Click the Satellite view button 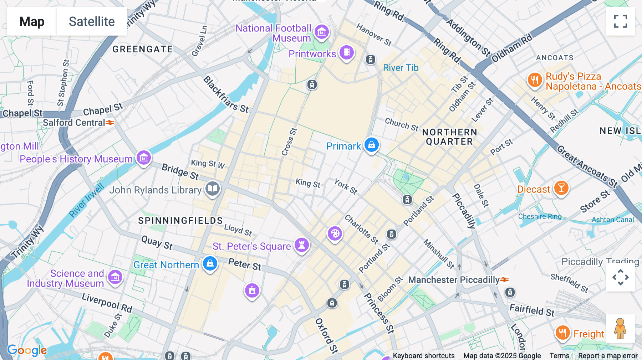click(x=92, y=21)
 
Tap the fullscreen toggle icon click(x=620, y=21)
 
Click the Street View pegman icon click(x=620, y=328)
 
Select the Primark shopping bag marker click(x=371, y=145)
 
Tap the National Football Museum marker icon click(x=321, y=32)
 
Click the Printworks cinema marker click(x=346, y=53)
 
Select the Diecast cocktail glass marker click(x=561, y=188)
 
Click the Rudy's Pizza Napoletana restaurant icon click(x=534, y=80)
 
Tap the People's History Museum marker click(x=144, y=157)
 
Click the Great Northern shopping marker click(x=210, y=264)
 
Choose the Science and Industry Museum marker click(x=115, y=277)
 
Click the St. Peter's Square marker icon click(x=302, y=245)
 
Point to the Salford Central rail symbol click(x=110, y=123)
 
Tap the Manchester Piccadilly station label click(x=453, y=280)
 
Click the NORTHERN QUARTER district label click(x=449, y=137)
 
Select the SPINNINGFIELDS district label click(x=180, y=221)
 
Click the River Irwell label click(x=86, y=200)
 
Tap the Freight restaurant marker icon click(x=562, y=333)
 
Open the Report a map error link click(x=608, y=356)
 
